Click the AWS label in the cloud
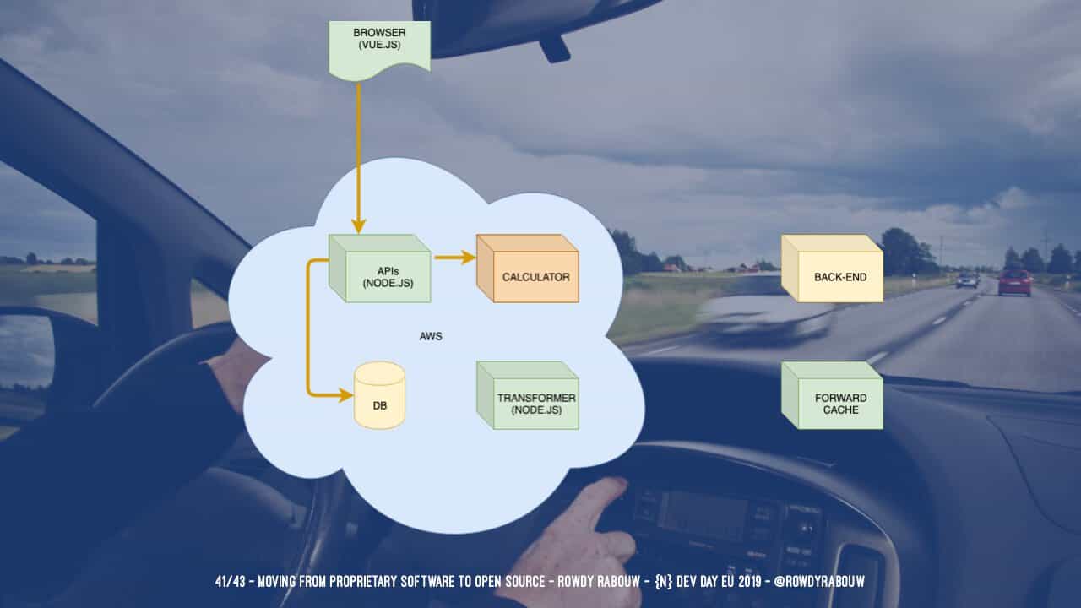[431, 336]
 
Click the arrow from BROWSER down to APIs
[358, 152]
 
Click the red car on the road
[1014, 282]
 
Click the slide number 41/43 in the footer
[231, 582]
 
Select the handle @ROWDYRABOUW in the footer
[816, 582]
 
